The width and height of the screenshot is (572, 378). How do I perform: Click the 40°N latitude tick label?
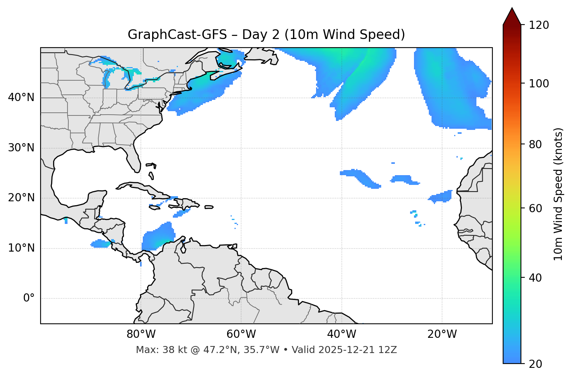(x=21, y=98)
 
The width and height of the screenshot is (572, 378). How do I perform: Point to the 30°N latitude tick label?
(x=21, y=148)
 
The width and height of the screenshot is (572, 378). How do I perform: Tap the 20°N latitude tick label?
(x=21, y=198)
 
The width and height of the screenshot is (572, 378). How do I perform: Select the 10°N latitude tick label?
(x=21, y=248)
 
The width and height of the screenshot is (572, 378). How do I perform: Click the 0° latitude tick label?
(x=29, y=298)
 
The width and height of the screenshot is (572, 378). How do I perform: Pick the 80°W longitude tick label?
(x=141, y=334)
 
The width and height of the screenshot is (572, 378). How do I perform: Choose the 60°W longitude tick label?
(x=241, y=334)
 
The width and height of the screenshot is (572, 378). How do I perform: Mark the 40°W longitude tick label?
(x=341, y=334)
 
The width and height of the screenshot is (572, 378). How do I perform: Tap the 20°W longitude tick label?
(x=442, y=334)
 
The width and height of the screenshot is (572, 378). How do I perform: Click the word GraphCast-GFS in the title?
(x=177, y=35)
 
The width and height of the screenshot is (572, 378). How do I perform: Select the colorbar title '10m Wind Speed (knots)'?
(x=558, y=194)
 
